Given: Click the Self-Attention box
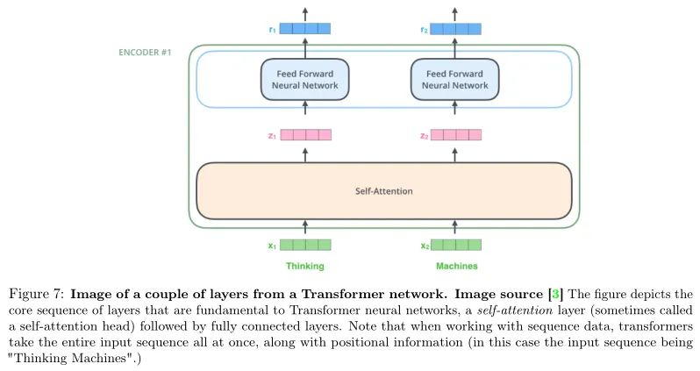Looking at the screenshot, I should (x=383, y=189).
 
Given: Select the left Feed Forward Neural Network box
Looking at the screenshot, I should (x=304, y=80).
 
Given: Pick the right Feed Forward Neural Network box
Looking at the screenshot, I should (x=454, y=80).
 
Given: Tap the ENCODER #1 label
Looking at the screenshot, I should (x=146, y=53).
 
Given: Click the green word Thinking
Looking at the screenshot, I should (x=304, y=265).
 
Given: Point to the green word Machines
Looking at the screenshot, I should (x=454, y=265).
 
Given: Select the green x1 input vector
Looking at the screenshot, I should (x=305, y=246).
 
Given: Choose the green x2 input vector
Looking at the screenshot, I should (x=456, y=246).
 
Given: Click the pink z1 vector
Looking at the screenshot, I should (x=305, y=135).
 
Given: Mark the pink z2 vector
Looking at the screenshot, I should (x=456, y=135).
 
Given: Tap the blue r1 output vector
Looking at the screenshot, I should (x=305, y=29).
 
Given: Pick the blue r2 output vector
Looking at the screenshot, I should (x=456, y=29).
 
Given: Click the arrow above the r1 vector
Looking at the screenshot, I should (x=305, y=12).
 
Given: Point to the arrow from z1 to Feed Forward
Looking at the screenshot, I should (x=305, y=112).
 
